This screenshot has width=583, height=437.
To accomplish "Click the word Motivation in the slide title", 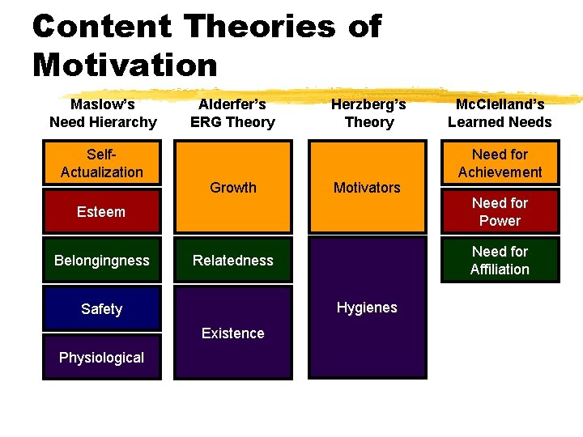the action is (x=126, y=65).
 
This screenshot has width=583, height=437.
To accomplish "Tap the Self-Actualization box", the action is (x=102, y=163).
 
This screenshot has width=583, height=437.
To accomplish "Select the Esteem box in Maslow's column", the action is (x=101, y=212).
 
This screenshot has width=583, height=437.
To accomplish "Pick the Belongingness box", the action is (x=102, y=261).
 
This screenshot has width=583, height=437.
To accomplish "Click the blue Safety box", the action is (x=102, y=309).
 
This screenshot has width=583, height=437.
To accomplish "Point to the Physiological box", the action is (x=102, y=358).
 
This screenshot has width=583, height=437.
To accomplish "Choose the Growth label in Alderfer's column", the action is (x=233, y=188).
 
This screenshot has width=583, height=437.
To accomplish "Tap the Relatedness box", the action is (x=233, y=261).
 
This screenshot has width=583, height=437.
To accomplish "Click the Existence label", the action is (x=233, y=333).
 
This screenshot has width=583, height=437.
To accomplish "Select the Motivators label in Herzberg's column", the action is (x=367, y=188).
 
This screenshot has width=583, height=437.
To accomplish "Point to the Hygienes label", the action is (x=367, y=308).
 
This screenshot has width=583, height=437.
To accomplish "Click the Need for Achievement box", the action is (x=500, y=163).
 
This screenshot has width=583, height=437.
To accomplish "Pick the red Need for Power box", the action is (x=500, y=212).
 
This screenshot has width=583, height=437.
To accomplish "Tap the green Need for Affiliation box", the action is (x=500, y=261).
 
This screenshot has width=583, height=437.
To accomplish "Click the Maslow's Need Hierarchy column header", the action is (x=103, y=113).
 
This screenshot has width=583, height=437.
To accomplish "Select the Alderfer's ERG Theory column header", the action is (x=233, y=113).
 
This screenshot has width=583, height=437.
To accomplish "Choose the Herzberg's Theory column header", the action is (x=369, y=113).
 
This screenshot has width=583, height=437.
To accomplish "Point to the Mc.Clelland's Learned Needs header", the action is (x=500, y=113).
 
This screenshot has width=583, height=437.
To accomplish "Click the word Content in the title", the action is (x=102, y=27).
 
